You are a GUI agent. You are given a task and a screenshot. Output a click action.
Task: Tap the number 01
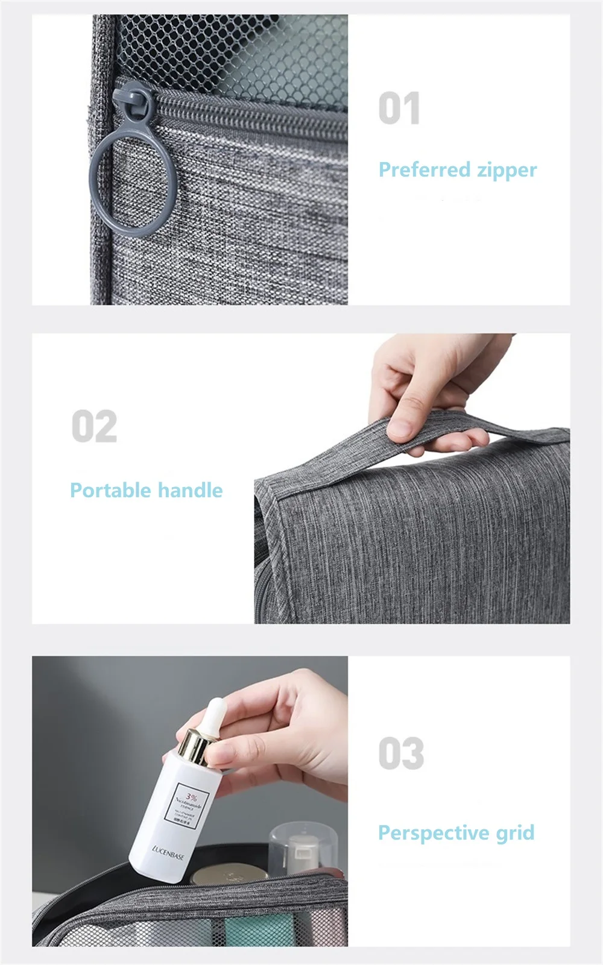click(399, 109)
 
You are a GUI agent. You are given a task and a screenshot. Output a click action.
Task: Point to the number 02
click(95, 427)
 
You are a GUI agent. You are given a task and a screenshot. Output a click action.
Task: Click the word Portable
click(109, 490)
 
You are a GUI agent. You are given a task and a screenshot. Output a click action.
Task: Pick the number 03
click(401, 753)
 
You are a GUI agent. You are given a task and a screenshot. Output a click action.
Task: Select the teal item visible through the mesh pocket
click(253, 932)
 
